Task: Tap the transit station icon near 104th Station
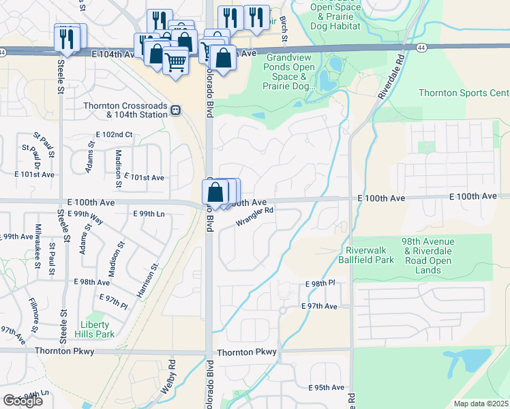coord(176,109)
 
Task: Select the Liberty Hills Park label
coord(96,329)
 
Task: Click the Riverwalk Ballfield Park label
coord(365,255)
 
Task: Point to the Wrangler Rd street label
coord(254,216)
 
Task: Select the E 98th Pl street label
coord(320,283)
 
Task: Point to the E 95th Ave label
coord(326,387)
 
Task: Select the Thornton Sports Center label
coord(464,93)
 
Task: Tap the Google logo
coord(22,400)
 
